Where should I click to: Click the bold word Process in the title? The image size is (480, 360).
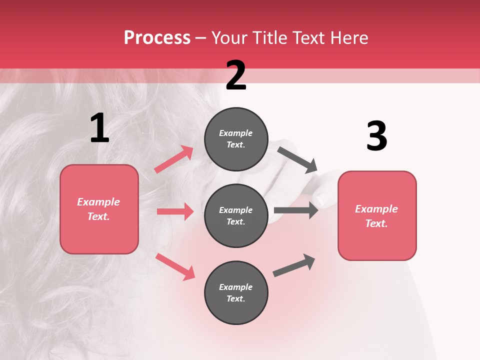[x=157, y=38]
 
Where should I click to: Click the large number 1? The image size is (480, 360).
[x=99, y=128]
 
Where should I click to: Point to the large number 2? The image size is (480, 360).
[x=236, y=76]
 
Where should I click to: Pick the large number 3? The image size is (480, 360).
[x=376, y=136]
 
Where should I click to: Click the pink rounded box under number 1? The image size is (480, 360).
[x=99, y=209]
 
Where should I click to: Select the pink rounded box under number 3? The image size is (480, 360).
[x=377, y=216]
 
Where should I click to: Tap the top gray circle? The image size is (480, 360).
[x=236, y=139]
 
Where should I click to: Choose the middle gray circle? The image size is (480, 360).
[x=236, y=216]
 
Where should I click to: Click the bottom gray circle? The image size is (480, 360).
[x=236, y=293]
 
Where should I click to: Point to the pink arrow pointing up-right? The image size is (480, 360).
[x=174, y=159]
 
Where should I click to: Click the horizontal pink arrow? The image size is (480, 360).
[x=175, y=211]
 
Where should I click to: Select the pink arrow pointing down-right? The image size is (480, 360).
[x=175, y=266]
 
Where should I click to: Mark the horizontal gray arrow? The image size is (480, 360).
[x=296, y=210]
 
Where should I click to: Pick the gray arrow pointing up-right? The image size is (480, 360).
[x=294, y=265]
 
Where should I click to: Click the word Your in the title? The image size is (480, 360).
[x=230, y=38]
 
